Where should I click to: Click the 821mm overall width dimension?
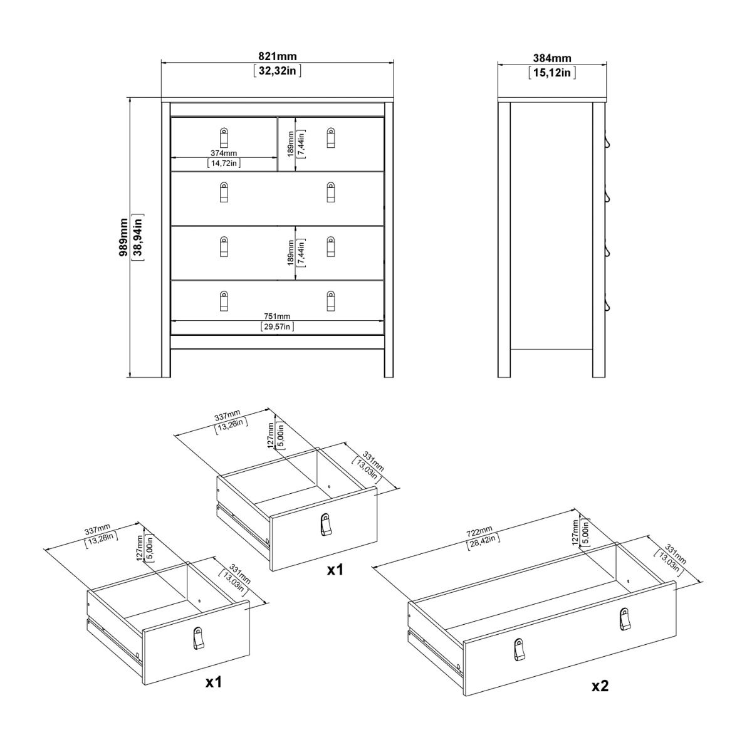(x=278, y=57)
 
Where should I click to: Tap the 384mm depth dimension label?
(x=551, y=58)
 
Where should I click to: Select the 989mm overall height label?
(x=123, y=238)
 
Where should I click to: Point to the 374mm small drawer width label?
(x=224, y=153)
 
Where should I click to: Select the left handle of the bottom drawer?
(x=224, y=301)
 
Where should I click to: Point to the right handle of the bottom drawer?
(x=331, y=301)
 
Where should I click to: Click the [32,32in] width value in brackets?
(x=278, y=71)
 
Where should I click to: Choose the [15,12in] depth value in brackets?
(x=551, y=72)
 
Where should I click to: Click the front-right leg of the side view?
(x=598, y=363)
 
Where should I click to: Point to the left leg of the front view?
(x=166, y=363)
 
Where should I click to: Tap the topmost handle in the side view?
(x=607, y=140)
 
